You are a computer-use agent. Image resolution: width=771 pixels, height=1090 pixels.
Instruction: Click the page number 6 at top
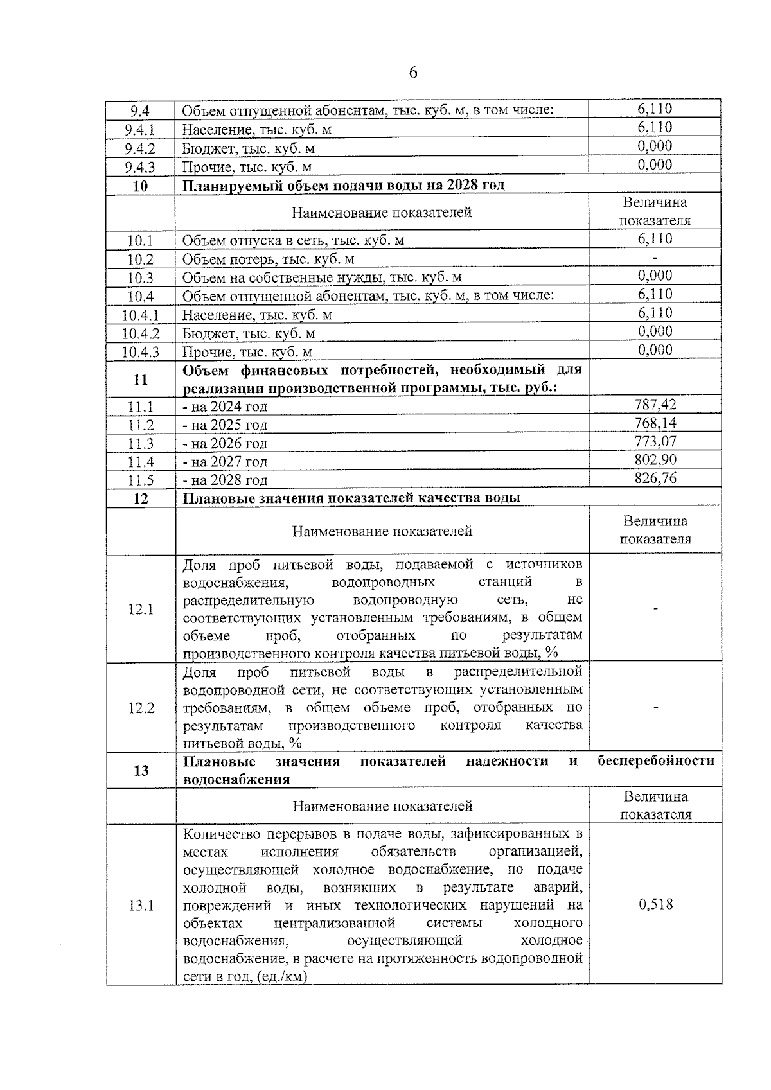pyautogui.click(x=413, y=73)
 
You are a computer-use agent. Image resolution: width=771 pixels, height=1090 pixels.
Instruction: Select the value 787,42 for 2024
pyautogui.click(x=655, y=404)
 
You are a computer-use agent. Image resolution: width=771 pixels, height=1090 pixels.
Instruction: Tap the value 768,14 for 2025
pyautogui.click(x=655, y=423)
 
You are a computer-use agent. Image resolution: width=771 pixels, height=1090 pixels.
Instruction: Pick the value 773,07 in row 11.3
pyautogui.click(x=655, y=441)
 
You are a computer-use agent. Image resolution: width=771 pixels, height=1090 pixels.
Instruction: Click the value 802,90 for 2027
pyautogui.click(x=655, y=460)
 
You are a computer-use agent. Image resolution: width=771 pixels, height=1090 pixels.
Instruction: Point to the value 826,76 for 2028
pyautogui.click(x=655, y=478)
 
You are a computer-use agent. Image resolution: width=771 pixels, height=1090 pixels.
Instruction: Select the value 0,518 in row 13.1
pyautogui.click(x=655, y=904)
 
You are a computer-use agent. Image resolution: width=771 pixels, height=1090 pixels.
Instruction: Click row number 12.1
pyautogui.click(x=141, y=609)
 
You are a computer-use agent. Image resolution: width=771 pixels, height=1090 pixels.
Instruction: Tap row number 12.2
pyautogui.click(x=141, y=708)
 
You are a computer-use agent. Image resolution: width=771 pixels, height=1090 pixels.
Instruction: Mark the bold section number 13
pyautogui.click(x=141, y=770)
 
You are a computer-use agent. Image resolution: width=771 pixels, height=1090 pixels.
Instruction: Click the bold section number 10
pyautogui.click(x=140, y=186)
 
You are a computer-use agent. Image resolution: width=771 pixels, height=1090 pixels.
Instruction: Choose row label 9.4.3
pyautogui.click(x=140, y=168)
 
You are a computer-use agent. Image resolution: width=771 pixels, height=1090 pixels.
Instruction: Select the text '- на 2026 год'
pyautogui.click(x=225, y=443)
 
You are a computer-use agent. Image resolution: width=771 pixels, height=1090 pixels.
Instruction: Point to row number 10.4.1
pyautogui.click(x=140, y=315)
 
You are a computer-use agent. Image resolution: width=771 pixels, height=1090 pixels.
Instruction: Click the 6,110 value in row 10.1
pyautogui.click(x=655, y=239)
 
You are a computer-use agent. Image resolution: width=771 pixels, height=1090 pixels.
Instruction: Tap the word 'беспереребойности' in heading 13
pyautogui.click(x=655, y=761)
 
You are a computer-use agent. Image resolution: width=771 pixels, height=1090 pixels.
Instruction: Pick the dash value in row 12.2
pyautogui.click(x=655, y=707)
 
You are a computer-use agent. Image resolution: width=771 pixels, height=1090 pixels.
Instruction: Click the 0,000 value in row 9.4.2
pyautogui.click(x=655, y=146)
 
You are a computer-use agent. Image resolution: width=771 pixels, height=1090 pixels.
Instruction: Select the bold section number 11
pyautogui.click(x=140, y=380)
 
